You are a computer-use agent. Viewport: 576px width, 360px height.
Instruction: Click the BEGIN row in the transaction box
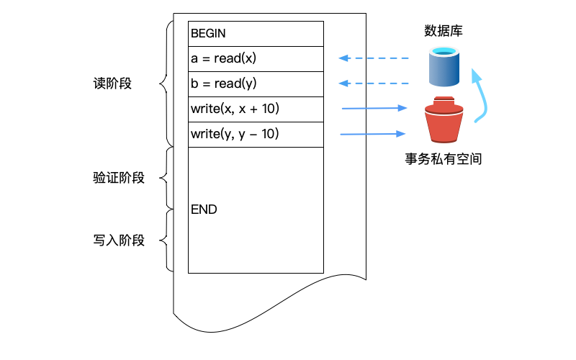pyautogui.click(x=256, y=34)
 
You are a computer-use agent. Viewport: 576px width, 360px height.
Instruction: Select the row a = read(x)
pyautogui.click(x=256, y=59)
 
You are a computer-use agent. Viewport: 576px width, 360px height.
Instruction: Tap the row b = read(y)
pyautogui.click(x=256, y=84)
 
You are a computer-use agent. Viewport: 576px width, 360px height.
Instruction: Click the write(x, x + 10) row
pyautogui.click(x=256, y=109)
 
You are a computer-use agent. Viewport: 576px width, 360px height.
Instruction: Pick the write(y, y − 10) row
pyautogui.click(x=256, y=135)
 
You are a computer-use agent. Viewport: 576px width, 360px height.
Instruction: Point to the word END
pyautogui.click(x=204, y=210)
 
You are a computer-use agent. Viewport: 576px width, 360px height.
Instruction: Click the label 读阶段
pyautogui.click(x=112, y=84)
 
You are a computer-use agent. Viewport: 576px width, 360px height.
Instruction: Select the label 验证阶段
pyautogui.click(x=119, y=178)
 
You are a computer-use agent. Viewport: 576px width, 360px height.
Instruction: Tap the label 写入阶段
pyautogui.click(x=119, y=240)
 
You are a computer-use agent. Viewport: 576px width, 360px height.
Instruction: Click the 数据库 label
pyautogui.click(x=443, y=31)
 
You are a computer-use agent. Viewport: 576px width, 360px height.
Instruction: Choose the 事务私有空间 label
pyautogui.click(x=443, y=160)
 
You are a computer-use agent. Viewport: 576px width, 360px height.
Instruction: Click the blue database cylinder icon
pyautogui.click(x=444, y=67)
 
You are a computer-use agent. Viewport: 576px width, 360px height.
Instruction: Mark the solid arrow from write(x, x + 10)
pyautogui.click(x=374, y=109)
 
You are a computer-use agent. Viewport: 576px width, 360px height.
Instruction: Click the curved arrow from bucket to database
pyautogui.click(x=484, y=97)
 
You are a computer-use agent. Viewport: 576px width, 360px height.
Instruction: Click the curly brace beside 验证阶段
pyautogui.click(x=165, y=178)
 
